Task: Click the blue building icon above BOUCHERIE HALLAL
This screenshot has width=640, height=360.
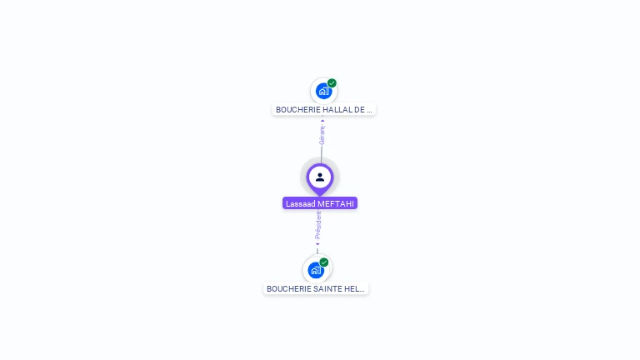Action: tap(323, 91)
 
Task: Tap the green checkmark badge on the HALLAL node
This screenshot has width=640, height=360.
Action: tap(332, 83)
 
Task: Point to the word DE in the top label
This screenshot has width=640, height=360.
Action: tap(359, 109)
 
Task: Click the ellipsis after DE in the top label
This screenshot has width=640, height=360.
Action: tap(369, 109)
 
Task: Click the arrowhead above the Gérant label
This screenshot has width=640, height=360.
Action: tap(322, 121)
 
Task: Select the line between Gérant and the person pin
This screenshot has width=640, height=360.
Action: tap(321, 153)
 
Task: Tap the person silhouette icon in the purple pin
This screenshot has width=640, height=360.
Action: tap(320, 177)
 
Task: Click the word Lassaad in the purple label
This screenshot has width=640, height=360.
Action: tap(300, 203)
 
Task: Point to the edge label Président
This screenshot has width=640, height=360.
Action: tap(318, 225)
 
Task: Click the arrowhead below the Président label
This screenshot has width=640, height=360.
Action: tap(317, 244)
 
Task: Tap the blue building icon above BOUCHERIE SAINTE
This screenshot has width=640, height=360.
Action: tap(315, 270)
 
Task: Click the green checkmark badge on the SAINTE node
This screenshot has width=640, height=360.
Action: tap(324, 262)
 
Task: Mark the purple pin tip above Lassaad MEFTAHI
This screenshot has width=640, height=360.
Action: tap(320, 194)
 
